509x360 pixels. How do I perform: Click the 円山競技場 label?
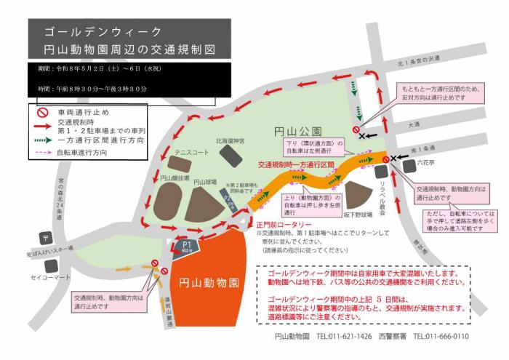(175, 177)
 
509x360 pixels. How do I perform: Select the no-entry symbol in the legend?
(43, 112)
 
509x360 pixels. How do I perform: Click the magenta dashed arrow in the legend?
(43, 153)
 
